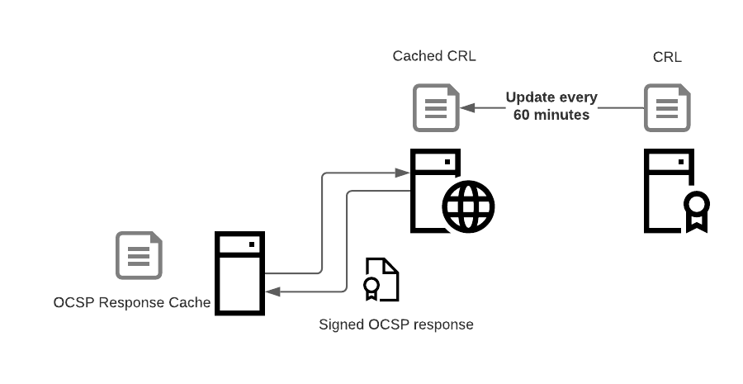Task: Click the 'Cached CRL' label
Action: (x=434, y=56)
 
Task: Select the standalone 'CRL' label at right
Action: (x=666, y=57)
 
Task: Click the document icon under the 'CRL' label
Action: (x=667, y=108)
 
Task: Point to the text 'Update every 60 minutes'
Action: (x=551, y=107)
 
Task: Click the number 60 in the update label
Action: (x=522, y=116)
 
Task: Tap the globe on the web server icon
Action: (x=468, y=206)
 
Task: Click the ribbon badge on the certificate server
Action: (x=696, y=209)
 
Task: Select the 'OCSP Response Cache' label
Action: (x=132, y=302)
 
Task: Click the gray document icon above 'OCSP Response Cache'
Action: (x=139, y=255)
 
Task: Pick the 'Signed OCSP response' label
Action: (x=396, y=325)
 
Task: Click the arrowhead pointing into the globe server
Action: (x=404, y=173)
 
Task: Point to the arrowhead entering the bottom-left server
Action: (x=272, y=292)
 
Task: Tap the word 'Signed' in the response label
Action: (x=340, y=325)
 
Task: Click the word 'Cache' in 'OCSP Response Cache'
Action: (x=192, y=302)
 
